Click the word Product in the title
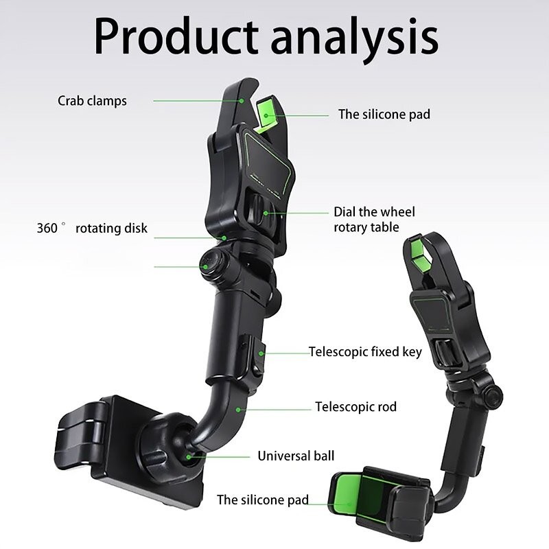tap(176, 37)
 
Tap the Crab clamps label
tap(92, 101)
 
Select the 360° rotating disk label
tap(92, 228)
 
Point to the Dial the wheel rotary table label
tap(374, 220)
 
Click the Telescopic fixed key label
tap(365, 352)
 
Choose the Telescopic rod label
tap(355, 406)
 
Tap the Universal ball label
tap(296, 456)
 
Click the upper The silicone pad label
tap(384, 115)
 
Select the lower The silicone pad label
tap(263, 500)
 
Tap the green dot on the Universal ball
tap(188, 457)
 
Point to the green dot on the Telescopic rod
tap(237, 410)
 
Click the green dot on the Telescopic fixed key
tap(261, 353)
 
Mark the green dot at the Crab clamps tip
tap(242, 101)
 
